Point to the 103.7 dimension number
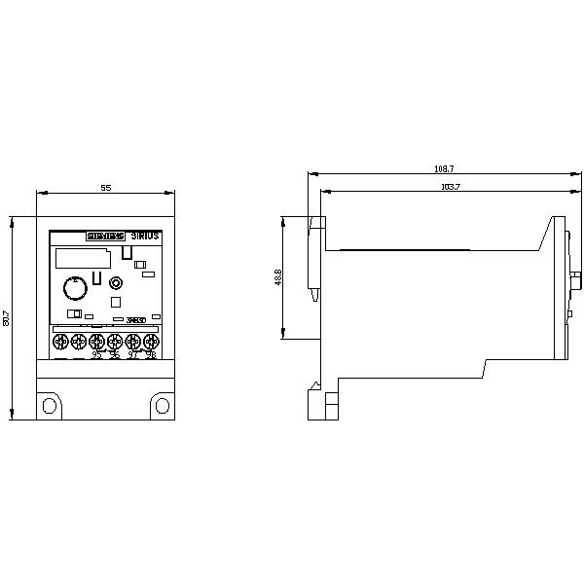[x=450, y=186]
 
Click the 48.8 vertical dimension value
[x=278, y=277]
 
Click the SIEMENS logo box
[x=106, y=237]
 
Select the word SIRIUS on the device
[x=146, y=237]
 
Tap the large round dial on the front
[x=73, y=287]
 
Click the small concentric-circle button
[x=116, y=283]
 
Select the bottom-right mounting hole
[x=161, y=404]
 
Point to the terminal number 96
[x=115, y=355]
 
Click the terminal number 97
[x=132, y=355]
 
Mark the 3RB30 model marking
[x=137, y=319]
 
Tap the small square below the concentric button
[x=116, y=302]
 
